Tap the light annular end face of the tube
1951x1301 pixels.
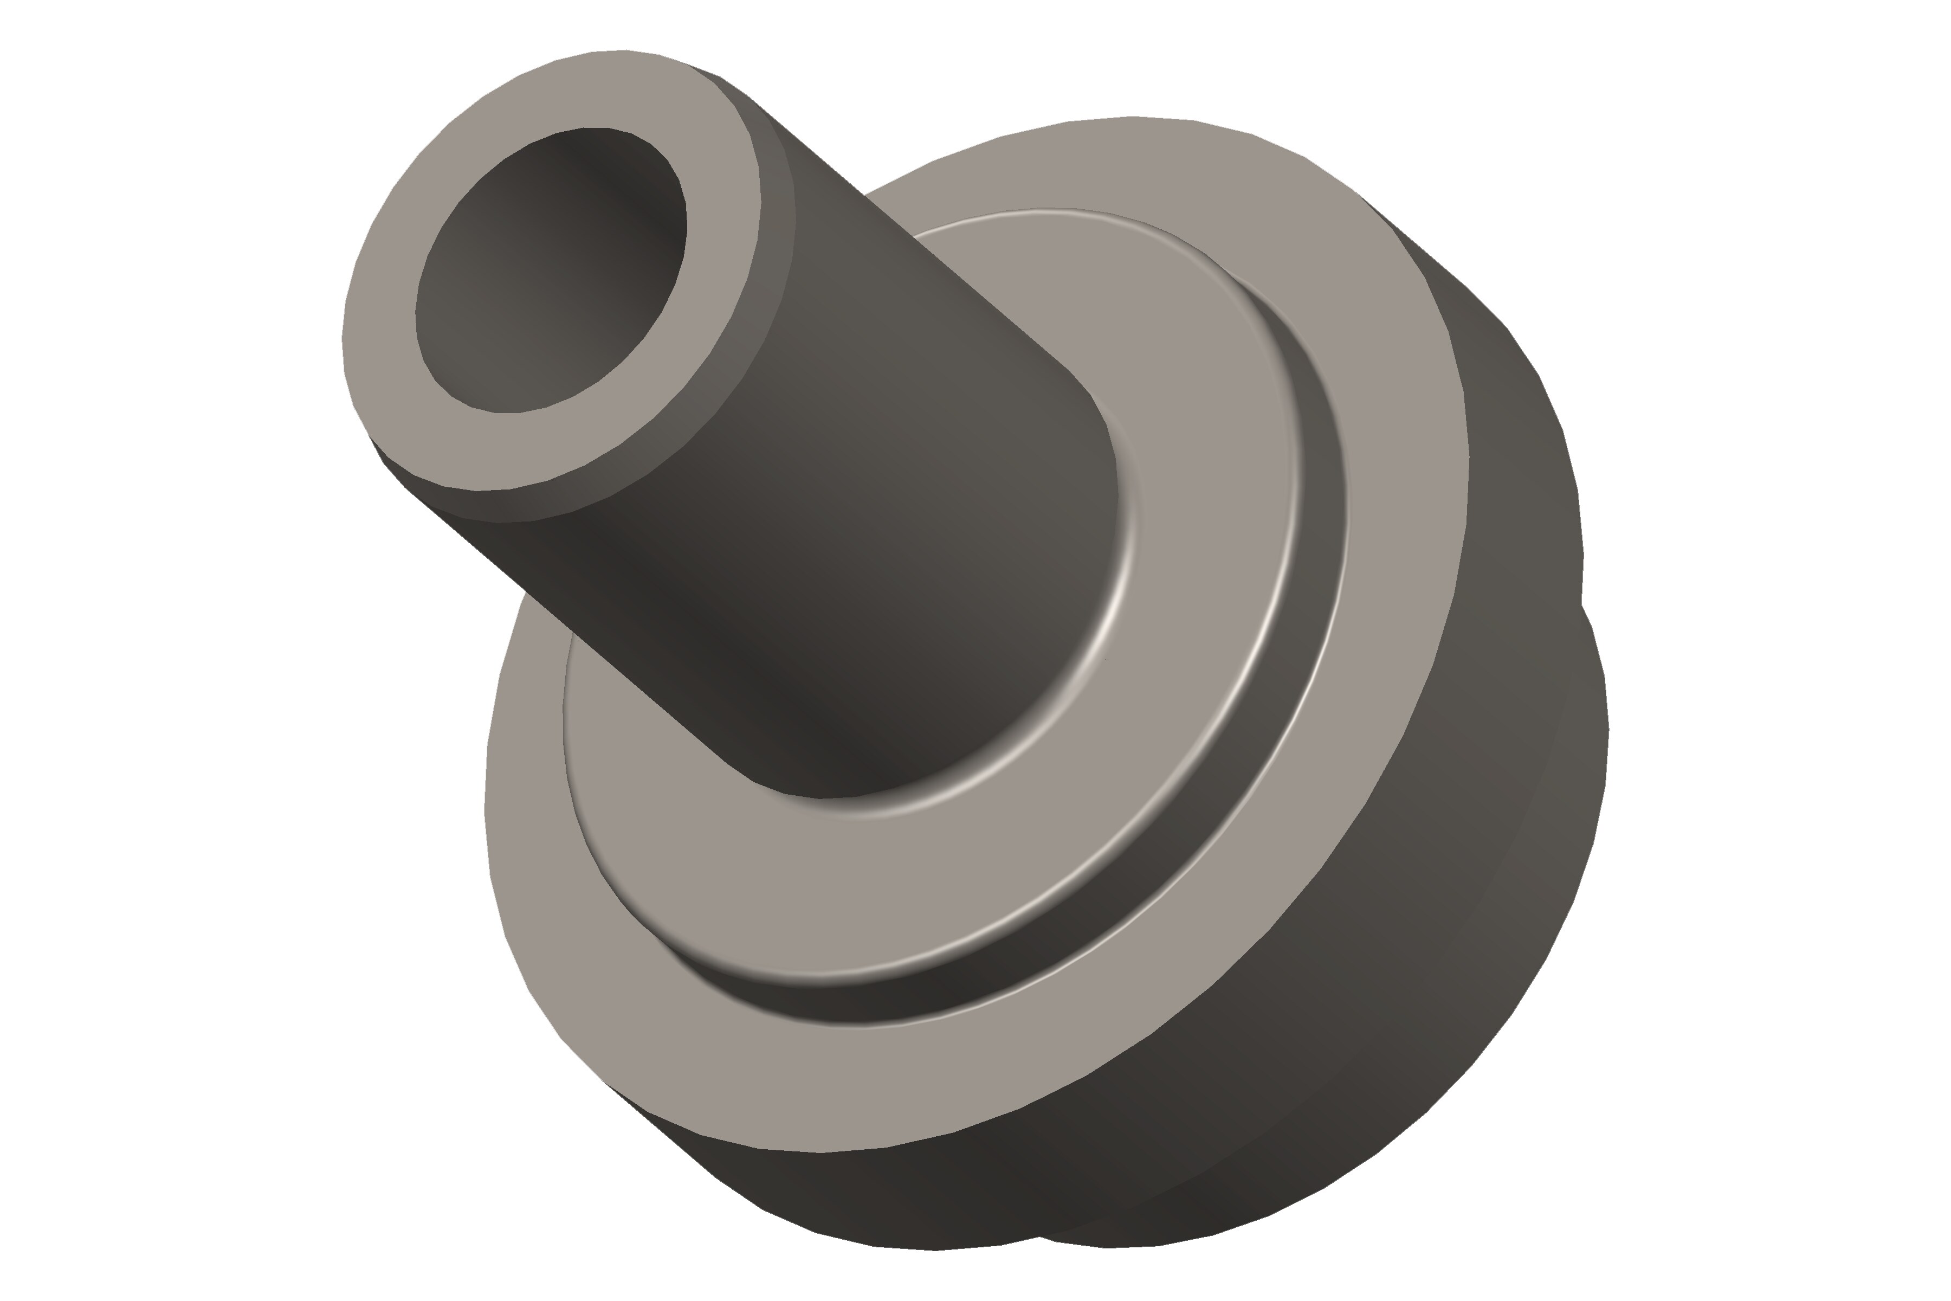[390, 249]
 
